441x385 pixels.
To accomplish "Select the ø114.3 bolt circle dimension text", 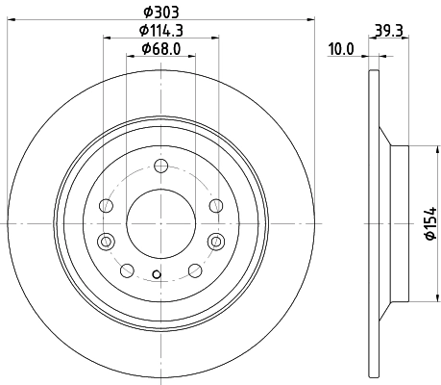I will [x=160, y=30].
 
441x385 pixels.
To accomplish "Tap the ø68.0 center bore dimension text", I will [x=160, y=49].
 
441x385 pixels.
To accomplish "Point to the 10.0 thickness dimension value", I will [x=342, y=49].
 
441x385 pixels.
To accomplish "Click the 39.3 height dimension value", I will [x=389, y=31].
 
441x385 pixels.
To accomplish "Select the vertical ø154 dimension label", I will [x=429, y=223].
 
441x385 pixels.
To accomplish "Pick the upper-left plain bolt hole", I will [x=108, y=206].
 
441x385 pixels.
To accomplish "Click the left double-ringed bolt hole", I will [x=108, y=240].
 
